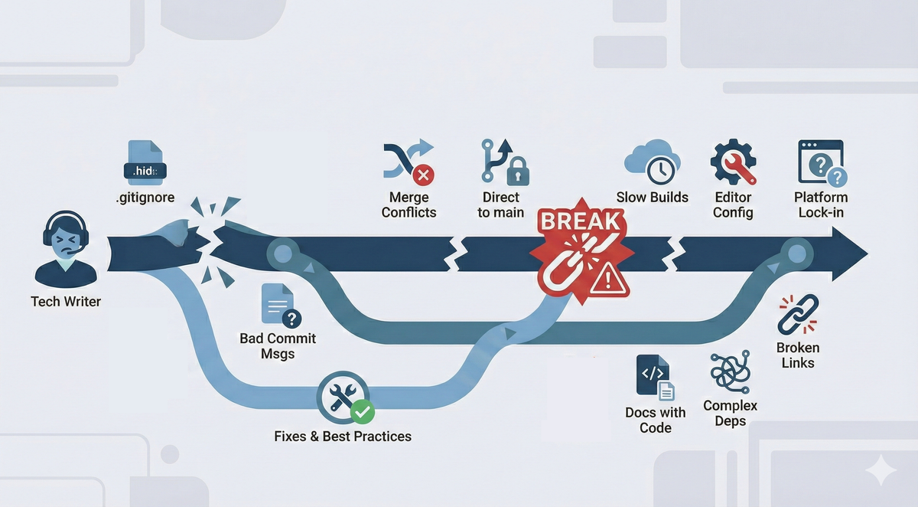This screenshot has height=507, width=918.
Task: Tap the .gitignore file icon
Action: click(x=144, y=165)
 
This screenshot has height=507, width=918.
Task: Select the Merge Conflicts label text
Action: click(x=409, y=204)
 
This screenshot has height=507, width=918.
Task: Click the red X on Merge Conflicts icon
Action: click(x=422, y=175)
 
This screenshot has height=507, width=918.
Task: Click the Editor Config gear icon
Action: click(x=733, y=162)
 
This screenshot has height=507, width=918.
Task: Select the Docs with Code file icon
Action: click(x=655, y=377)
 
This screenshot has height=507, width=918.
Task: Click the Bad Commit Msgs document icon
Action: click(x=278, y=306)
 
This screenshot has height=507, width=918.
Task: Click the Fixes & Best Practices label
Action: click(x=343, y=437)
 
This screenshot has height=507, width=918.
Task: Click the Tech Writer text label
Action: click(x=66, y=302)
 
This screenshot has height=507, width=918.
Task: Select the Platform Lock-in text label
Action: click(x=821, y=204)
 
